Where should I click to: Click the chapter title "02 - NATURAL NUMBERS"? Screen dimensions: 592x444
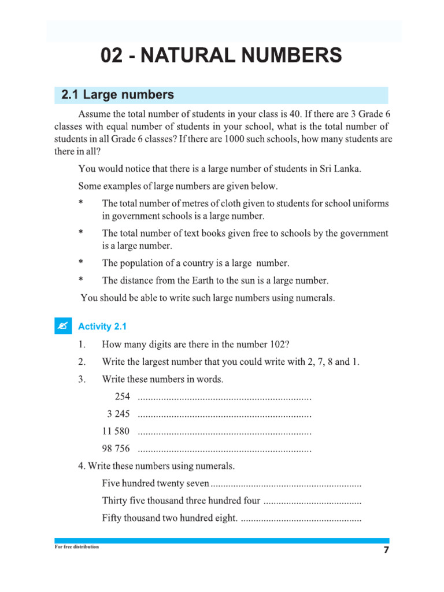coord(221,56)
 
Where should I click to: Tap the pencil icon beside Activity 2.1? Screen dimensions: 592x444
coord(62,326)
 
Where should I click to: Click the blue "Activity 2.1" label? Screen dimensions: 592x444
coord(102,327)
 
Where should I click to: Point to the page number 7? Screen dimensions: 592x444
coord(386,550)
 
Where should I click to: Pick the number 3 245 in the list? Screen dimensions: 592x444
coord(119,414)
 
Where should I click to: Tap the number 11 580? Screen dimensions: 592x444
coord(116,431)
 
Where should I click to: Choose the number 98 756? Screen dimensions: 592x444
coord(116,449)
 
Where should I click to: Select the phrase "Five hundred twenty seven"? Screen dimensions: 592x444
coord(156,483)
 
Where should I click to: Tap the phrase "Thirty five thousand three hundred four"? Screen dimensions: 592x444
coord(181,501)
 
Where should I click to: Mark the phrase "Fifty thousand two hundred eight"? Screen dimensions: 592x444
coord(169,518)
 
